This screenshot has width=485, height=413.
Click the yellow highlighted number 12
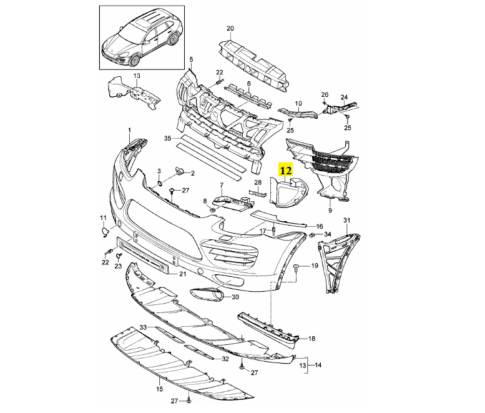286,169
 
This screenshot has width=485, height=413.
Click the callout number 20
230,29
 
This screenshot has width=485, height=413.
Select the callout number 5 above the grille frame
192,59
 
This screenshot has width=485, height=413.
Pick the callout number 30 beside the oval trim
235,297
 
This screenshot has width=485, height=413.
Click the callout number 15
160,389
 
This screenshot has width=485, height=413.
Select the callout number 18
311,339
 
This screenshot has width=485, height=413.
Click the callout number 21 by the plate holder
183,274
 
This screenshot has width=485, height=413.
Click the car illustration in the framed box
143,37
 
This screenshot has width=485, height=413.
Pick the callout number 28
258,182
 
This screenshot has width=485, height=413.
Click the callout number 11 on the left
104,217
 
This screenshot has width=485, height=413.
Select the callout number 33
143,327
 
